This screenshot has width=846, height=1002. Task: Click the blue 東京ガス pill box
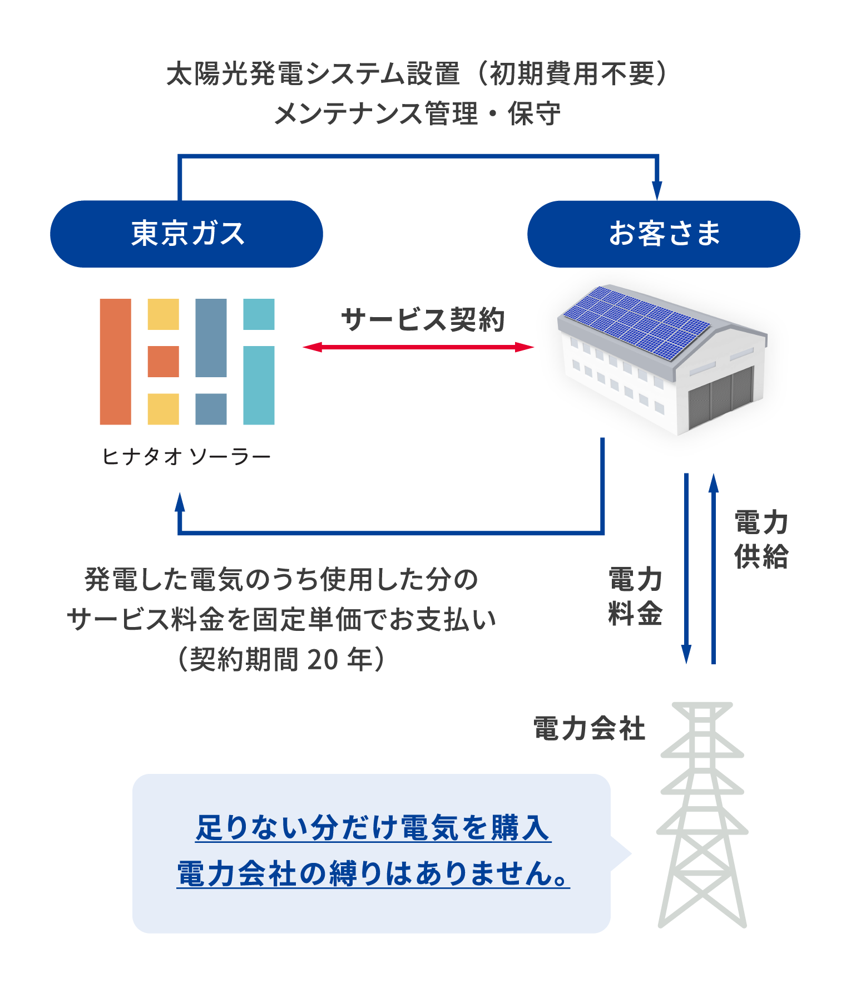point(186,234)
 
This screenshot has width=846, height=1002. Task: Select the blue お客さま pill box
point(664,234)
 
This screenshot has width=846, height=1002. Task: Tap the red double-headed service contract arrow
point(418,347)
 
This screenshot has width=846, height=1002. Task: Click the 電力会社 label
point(589,728)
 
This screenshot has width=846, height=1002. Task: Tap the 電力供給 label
point(761,539)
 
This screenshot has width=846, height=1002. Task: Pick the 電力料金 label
point(635,596)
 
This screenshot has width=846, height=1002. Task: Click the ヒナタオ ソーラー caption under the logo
point(186,457)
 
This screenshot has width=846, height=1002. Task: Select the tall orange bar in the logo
point(115,362)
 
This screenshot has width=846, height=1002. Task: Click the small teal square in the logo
point(259,314)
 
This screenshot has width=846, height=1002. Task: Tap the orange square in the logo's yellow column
point(163,362)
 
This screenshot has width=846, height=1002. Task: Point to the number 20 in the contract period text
point(322,660)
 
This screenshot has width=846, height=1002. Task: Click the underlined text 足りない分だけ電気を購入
point(372,827)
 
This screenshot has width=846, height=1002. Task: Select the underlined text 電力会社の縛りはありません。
point(373,873)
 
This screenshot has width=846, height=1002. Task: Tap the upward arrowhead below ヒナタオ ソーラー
point(180,502)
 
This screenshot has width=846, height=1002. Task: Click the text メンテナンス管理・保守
point(417,114)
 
